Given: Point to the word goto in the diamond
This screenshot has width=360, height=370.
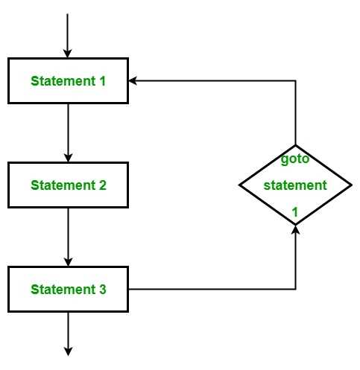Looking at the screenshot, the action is click(x=295, y=159).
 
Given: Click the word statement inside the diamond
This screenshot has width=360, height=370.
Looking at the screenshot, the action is click(x=295, y=185).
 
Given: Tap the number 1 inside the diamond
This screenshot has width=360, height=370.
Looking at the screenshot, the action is click(x=295, y=212).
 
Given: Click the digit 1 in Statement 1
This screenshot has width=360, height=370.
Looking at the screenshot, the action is click(x=103, y=81).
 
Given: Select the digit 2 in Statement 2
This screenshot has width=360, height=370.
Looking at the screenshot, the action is click(x=103, y=185).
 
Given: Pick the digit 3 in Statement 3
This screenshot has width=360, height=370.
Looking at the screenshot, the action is click(x=103, y=290).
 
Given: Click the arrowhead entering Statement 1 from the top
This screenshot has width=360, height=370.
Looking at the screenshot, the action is click(x=67, y=53).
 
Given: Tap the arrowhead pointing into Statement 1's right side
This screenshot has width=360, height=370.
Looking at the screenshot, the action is click(x=133, y=80).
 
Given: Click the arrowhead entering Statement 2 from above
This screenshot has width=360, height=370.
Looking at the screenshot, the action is click(x=68, y=158).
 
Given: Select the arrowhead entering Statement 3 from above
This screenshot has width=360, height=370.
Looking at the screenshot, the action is click(x=68, y=262).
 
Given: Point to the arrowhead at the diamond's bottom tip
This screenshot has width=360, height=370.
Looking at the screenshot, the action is click(x=295, y=229).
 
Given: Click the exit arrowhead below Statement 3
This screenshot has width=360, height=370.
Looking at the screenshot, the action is click(x=68, y=351).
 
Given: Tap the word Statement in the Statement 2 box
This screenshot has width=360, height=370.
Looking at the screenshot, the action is click(x=63, y=185).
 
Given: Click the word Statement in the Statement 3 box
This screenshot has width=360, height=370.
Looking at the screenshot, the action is click(x=63, y=290).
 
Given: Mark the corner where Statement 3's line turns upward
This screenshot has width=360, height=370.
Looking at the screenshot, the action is click(x=295, y=289).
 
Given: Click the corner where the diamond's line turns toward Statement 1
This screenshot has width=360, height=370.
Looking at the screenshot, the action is click(x=295, y=80).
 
